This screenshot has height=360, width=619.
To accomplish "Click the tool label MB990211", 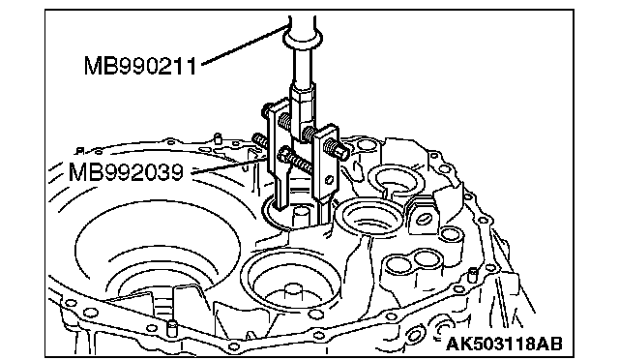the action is coord(139,66).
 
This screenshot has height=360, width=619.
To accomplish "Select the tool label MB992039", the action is coord(126,172).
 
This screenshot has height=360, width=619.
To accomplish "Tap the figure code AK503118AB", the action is coord(504,344).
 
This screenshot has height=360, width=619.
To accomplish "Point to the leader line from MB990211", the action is coord(244,44).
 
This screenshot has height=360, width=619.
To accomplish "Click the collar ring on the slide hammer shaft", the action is coord(303,39).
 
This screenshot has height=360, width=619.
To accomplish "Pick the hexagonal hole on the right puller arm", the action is coord(329,180).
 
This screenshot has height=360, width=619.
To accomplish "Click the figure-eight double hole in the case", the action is coord(413,261).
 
